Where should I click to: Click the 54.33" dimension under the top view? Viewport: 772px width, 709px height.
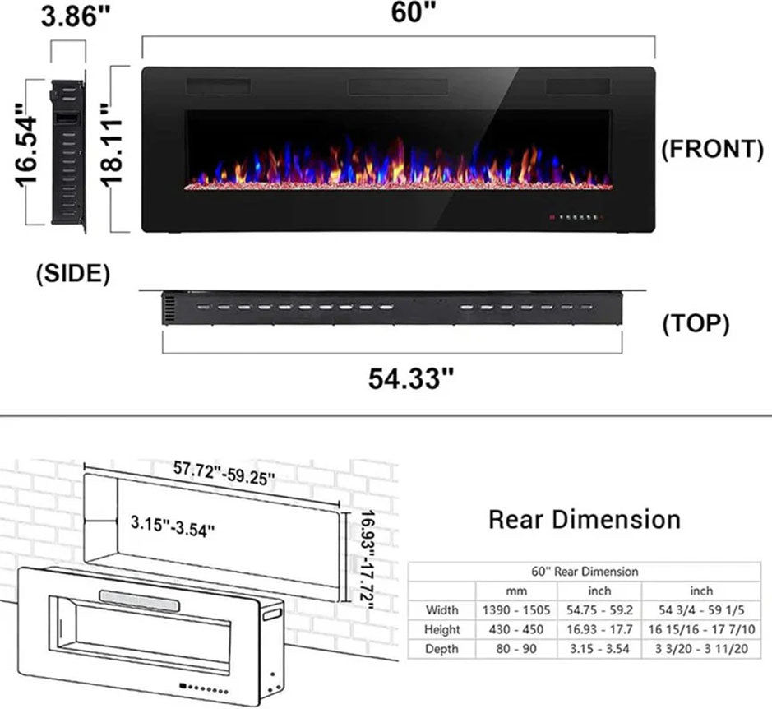tap(411, 378)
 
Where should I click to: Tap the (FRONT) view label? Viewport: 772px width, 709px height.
tap(712, 149)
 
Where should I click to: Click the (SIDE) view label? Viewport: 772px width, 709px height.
tap(72, 274)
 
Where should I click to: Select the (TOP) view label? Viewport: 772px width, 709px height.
tap(696, 324)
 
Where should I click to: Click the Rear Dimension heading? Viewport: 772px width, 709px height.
tap(585, 520)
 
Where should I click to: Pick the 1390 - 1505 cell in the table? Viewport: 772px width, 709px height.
tap(514, 610)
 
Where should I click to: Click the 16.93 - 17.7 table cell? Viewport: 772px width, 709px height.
tap(599, 630)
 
